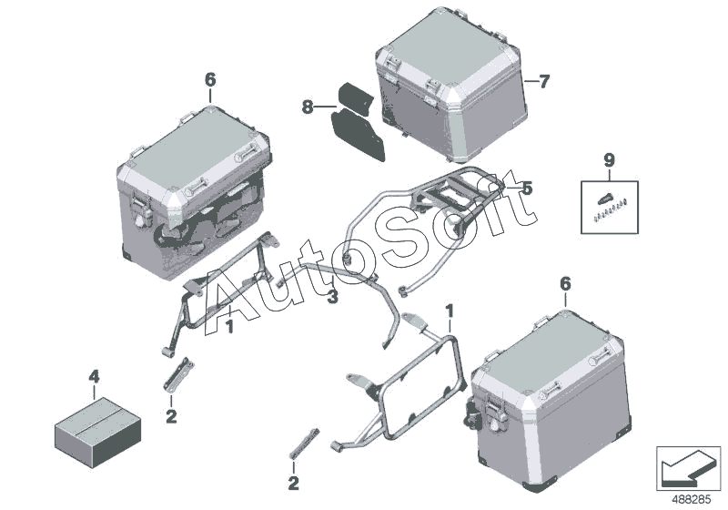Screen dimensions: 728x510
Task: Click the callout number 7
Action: pos(543,82)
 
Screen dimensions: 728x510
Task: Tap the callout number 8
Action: pos(308,107)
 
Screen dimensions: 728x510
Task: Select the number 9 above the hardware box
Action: pos(609,160)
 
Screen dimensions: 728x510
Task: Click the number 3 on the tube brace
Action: pos(332,296)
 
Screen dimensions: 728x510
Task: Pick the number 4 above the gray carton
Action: pos(94,376)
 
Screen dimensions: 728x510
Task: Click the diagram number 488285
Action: pos(692,500)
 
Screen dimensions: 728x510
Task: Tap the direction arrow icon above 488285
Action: pos(688,467)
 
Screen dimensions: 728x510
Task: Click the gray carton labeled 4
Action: pos(97,426)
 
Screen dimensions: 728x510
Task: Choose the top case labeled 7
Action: pos(450,84)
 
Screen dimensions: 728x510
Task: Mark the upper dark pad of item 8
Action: pos(355,98)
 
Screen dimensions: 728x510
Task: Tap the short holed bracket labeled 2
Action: pos(177,374)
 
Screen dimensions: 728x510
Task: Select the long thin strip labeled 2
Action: pos(305,443)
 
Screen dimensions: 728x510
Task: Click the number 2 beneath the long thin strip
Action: pos(293,483)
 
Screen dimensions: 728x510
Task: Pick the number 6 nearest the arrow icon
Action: pos(565,284)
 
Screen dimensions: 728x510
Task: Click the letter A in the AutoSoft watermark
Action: pos(232,302)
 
